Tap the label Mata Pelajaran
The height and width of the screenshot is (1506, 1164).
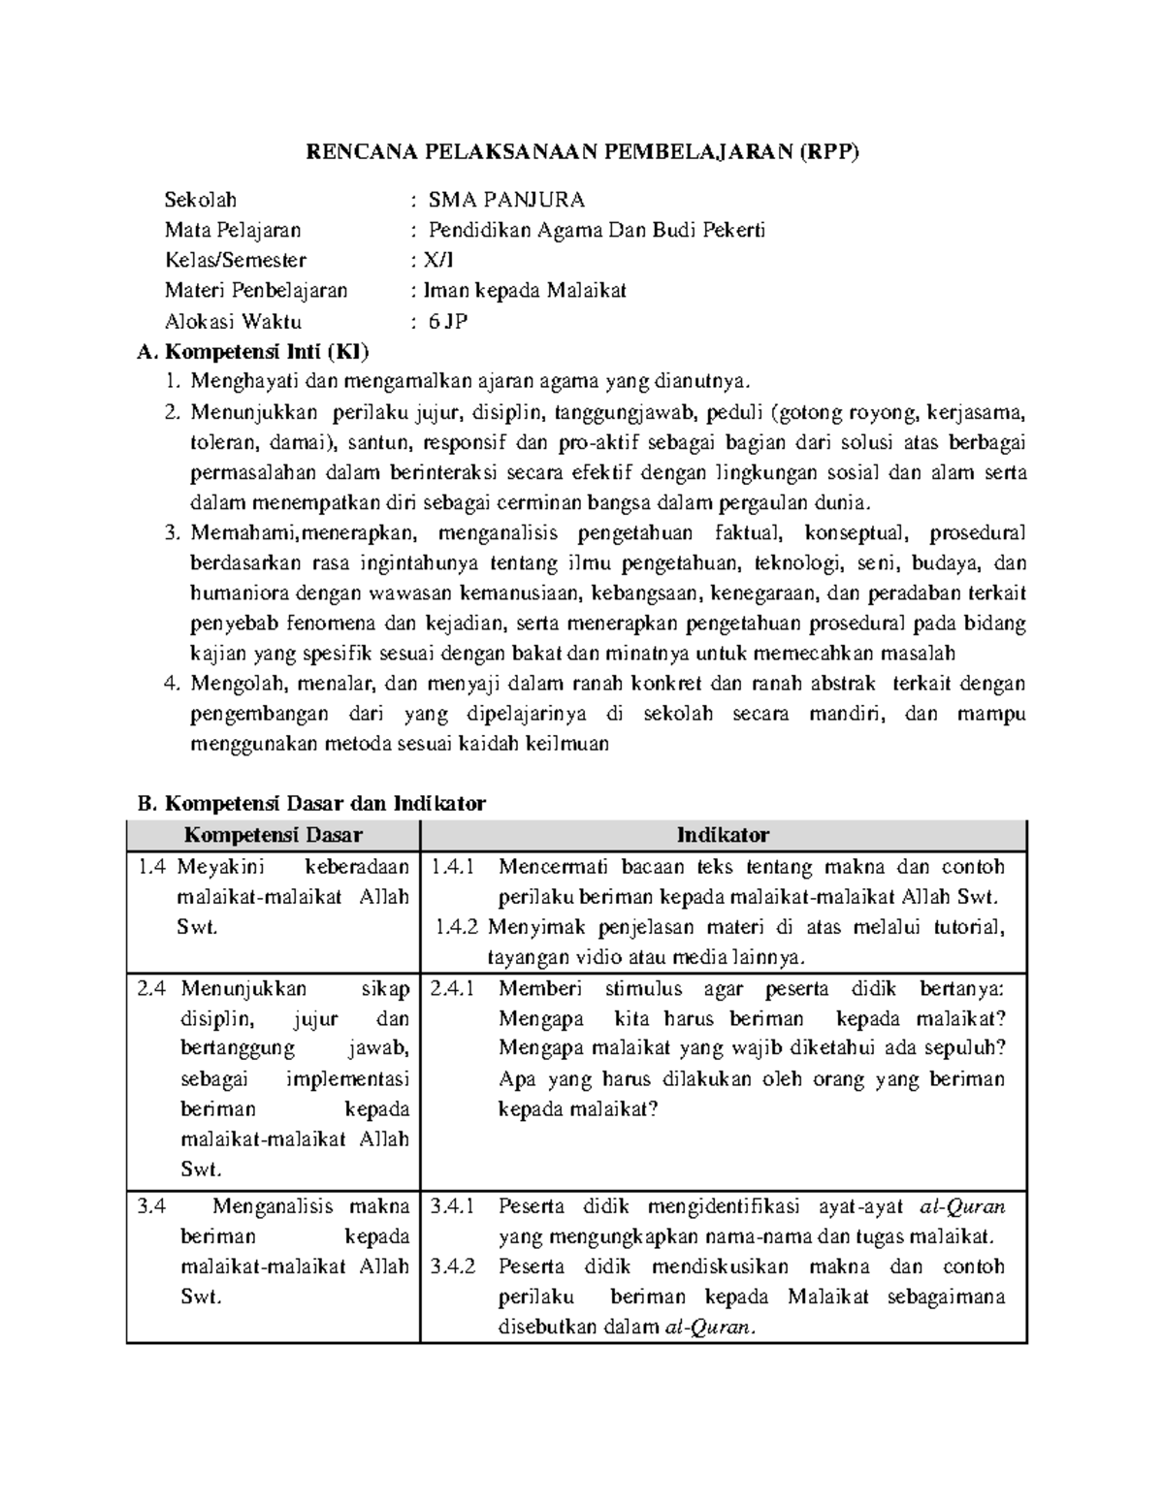(x=233, y=230)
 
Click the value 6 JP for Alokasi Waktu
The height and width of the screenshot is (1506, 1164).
(x=448, y=321)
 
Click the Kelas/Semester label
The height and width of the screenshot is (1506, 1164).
(x=236, y=260)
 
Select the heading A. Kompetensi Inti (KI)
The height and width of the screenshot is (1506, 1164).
(x=254, y=350)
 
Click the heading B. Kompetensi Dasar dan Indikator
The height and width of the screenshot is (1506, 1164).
(x=311, y=803)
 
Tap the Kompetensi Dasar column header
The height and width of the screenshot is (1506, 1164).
(x=274, y=835)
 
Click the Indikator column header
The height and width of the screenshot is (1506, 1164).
(x=723, y=835)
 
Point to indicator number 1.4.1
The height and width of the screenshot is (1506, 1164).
(x=453, y=866)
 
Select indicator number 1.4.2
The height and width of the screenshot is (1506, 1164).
(x=457, y=927)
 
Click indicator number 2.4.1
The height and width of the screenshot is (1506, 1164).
(x=453, y=988)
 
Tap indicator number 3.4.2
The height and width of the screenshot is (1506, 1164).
(x=453, y=1266)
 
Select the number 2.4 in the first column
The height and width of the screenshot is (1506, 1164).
(x=152, y=988)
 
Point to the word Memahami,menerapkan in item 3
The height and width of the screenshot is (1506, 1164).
(x=304, y=532)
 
